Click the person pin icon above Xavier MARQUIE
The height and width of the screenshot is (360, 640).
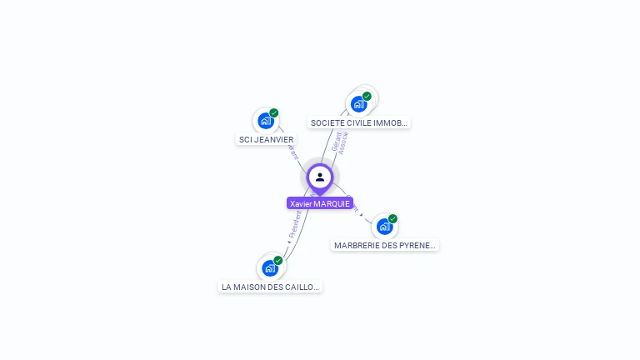point(320,177)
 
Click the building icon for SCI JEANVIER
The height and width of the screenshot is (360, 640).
point(266,121)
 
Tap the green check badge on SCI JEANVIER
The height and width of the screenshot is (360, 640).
point(274,113)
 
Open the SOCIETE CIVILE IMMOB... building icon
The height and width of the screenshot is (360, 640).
point(358,104)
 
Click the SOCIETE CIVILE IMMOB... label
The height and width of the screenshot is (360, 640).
point(359,122)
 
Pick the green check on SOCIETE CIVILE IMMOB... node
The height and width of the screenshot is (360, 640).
point(367,97)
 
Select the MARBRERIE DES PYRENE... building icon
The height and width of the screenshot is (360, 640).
point(383,227)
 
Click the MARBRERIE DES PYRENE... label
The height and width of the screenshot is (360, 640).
point(385,245)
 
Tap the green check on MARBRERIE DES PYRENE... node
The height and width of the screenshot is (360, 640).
point(392,219)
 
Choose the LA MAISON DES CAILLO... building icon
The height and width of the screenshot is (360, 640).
point(269,268)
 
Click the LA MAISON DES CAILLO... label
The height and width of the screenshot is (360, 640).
point(269,287)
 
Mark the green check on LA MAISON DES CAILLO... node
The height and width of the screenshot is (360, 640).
point(278,261)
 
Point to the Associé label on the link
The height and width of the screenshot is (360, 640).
point(343,143)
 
